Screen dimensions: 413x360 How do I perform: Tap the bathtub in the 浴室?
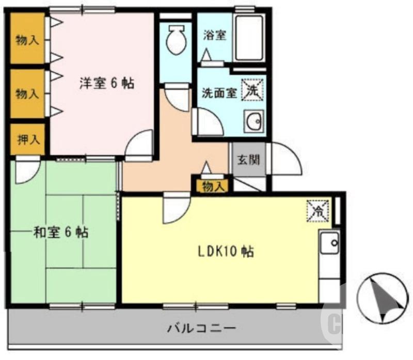click(x=249, y=38)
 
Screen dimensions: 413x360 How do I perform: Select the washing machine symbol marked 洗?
click(x=252, y=90)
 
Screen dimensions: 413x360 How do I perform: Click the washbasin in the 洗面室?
click(x=254, y=121)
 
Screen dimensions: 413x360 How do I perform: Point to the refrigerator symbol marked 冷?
click(x=318, y=211)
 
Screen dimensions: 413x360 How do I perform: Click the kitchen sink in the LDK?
click(x=329, y=242)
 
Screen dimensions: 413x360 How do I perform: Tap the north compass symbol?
click(x=382, y=298)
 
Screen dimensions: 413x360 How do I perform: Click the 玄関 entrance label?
click(x=248, y=160)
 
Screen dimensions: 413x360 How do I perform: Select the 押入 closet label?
click(x=28, y=139)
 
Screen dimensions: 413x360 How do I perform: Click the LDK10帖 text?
click(x=226, y=252)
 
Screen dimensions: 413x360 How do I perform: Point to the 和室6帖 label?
click(x=61, y=233)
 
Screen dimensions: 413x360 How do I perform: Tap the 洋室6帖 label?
click(x=107, y=84)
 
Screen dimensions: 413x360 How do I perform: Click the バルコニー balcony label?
click(x=201, y=328)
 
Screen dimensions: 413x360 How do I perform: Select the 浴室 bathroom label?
click(x=214, y=36)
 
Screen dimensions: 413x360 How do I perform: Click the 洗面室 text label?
click(x=219, y=93)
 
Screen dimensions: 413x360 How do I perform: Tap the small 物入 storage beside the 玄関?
click(x=214, y=187)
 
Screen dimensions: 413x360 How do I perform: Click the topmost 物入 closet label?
click(x=27, y=40)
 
